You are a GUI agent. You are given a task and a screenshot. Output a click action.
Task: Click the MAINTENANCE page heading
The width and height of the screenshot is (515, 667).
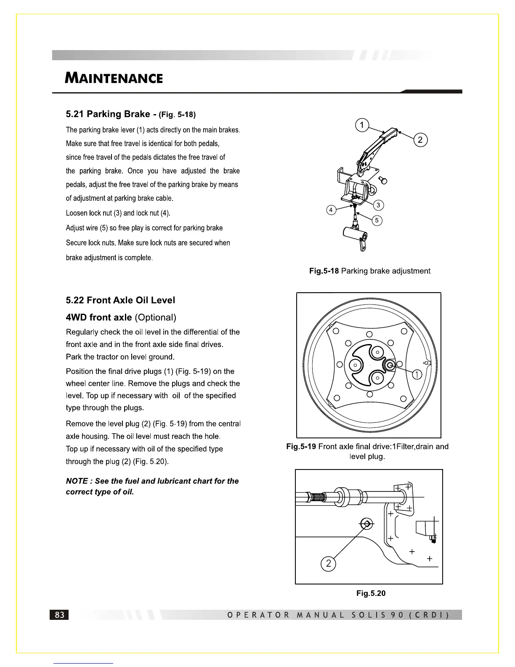114,78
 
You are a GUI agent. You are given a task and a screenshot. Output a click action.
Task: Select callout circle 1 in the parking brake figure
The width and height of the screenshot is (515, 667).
361,125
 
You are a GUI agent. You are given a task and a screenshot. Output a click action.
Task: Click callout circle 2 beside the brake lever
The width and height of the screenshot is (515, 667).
420,140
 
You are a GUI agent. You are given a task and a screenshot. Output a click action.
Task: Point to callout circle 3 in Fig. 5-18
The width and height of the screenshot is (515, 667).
378,205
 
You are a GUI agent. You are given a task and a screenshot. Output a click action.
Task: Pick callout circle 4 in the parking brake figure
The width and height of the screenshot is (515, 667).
332,210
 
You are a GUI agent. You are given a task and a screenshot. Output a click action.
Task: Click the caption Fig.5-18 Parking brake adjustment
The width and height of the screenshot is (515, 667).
369,271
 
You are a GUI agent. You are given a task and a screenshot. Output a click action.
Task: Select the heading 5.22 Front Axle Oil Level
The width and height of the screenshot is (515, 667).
120,300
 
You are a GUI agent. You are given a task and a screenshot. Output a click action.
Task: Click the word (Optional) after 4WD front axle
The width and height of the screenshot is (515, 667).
155,317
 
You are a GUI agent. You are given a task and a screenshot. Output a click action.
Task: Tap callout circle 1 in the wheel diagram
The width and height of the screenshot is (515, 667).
417,374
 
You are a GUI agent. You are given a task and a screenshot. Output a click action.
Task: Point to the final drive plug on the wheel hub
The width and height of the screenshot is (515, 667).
390,365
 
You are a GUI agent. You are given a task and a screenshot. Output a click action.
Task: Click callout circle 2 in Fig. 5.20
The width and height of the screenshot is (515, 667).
328,563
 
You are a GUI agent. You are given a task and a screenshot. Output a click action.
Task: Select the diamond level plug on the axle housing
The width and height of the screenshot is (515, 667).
366,524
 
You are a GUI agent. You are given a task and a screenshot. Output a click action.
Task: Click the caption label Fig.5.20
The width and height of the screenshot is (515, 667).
371,593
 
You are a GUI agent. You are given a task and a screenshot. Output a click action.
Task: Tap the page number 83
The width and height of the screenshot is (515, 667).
60,615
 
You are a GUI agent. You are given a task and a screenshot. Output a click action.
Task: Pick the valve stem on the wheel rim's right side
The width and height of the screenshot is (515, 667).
428,363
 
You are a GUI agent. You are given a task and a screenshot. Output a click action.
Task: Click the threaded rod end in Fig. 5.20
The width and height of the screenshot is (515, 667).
316,497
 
